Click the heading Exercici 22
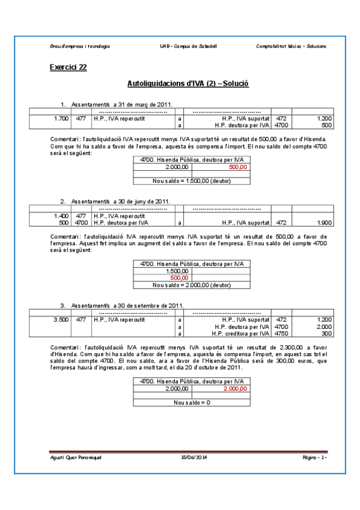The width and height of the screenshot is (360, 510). coord(68,67)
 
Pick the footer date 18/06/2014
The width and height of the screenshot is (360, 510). coord(193,458)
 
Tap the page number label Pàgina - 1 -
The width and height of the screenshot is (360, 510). coord(314,458)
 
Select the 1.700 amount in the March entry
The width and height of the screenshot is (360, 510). coord(61,118)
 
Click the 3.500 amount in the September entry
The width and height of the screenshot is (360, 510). coord(61,319)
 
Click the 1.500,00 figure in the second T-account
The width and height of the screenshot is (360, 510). coord(179,271)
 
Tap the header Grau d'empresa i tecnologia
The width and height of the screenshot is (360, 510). coord(79,46)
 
